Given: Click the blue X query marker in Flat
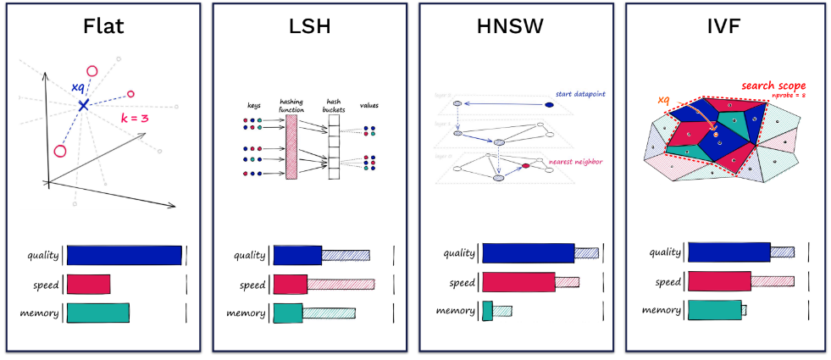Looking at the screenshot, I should point(83,104).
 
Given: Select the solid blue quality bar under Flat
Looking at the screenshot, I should point(124,255).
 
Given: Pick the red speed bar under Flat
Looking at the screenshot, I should point(88,284).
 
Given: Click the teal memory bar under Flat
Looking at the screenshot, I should point(97,313).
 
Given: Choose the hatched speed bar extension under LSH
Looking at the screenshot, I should point(340,284).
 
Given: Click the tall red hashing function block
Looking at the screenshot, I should point(291,145).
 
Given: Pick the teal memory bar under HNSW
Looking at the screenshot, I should point(488,311).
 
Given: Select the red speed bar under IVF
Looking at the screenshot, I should point(719,280).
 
